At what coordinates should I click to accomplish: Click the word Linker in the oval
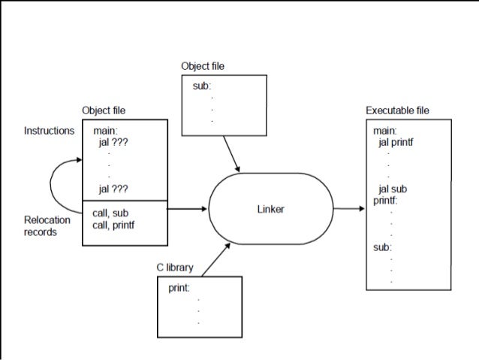[x=271, y=209]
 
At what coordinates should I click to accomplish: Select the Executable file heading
[x=397, y=110]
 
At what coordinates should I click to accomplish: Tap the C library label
[x=174, y=268]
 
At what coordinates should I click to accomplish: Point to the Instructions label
[x=50, y=130]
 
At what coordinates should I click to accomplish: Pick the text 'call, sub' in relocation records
[x=110, y=213]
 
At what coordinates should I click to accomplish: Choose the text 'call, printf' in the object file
[x=117, y=225]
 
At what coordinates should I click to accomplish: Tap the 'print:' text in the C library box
[x=178, y=287]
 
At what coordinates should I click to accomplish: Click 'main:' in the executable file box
[x=384, y=131]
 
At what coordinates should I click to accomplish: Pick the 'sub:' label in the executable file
[x=382, y=247]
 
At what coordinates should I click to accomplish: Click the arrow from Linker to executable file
[x=348, y=209]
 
